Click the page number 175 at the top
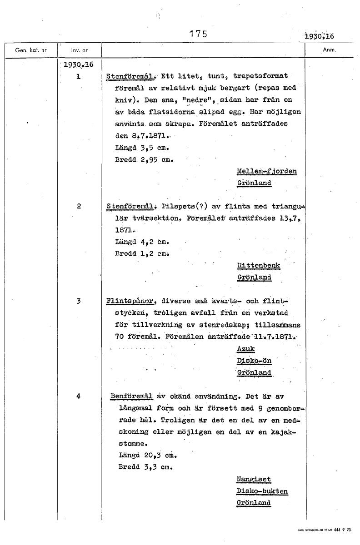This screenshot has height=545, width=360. (x=198, y=34)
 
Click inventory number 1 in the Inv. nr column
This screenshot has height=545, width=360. (x=79, y=76)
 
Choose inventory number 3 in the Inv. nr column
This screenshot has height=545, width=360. (x=79, y=301)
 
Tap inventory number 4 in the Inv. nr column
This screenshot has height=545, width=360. (x=79, y=396)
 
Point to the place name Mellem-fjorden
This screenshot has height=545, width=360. (x=267, y=171)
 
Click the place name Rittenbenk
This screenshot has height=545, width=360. (x=259, y=265)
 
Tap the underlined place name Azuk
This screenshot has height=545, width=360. (x=246, y=349)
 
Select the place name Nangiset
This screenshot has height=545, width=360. (x=254, y=479)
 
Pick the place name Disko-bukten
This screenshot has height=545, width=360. (x=262, y=491)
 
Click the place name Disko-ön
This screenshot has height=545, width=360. (x=254, y=361)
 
